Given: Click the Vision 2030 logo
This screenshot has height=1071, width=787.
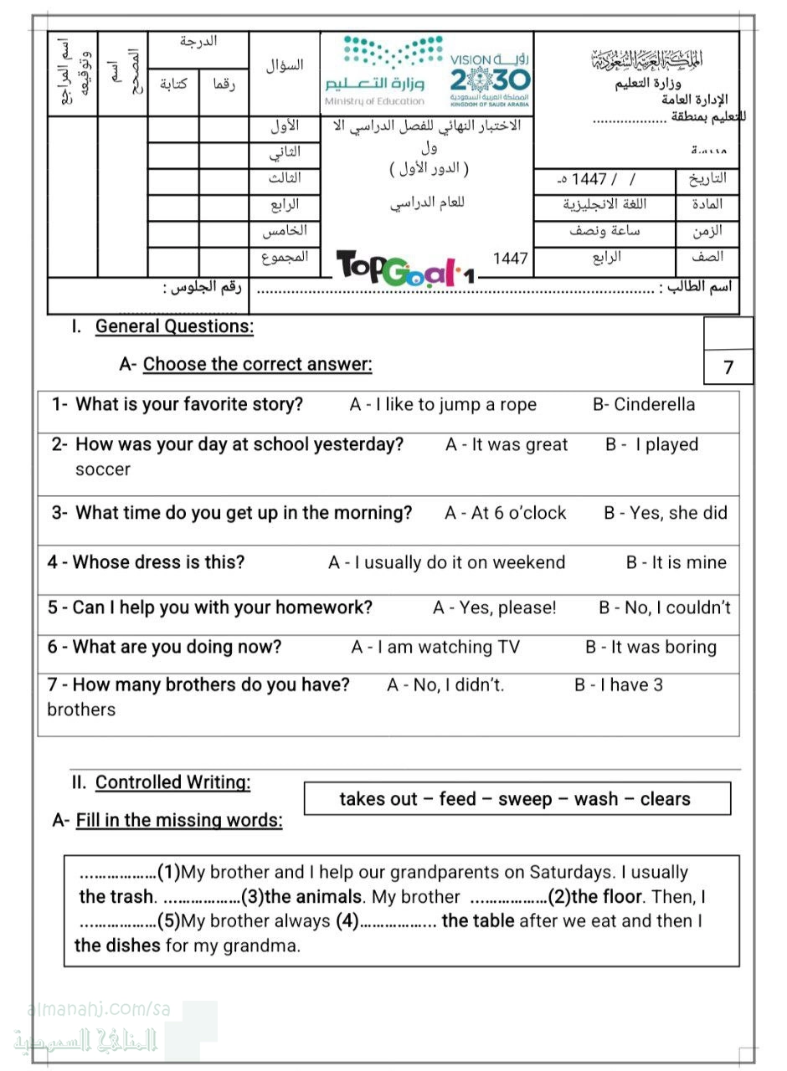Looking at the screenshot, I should (490, 79).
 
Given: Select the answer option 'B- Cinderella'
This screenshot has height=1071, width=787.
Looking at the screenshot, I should (643, 405).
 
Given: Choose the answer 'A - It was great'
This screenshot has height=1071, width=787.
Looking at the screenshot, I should (507, 445).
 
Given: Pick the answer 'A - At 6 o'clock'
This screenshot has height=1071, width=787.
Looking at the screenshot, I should (506, 513).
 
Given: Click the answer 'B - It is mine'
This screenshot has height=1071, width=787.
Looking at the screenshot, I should (676, 563).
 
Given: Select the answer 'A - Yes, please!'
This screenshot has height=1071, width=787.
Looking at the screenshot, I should (494, 608).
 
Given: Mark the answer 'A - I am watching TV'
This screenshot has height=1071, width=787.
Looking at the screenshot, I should (435, 648).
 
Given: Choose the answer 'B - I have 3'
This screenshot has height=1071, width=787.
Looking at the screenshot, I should (618, 685).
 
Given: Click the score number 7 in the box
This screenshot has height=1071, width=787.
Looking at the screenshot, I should (728, 367).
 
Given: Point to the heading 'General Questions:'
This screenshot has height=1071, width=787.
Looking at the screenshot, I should (174, 327).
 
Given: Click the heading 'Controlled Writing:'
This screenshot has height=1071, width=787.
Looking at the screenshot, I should (172, 783).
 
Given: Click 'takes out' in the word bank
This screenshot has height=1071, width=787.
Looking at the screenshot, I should (378, 799).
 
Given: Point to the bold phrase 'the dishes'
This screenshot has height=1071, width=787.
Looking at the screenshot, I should (117, 946).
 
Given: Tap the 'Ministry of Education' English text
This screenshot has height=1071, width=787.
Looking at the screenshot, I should (374, 102).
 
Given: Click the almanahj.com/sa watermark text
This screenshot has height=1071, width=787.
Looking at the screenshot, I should (99, 1009).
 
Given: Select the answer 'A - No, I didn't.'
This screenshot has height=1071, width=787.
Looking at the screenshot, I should (445, 685).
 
